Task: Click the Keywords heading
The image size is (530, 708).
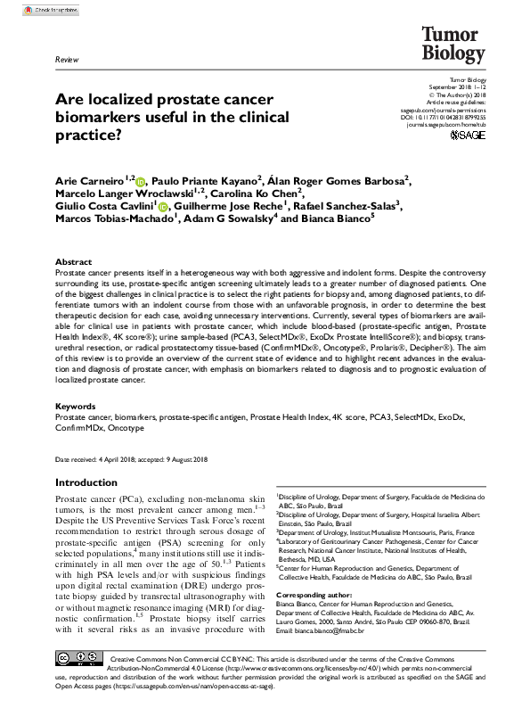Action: click(76, 406)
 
